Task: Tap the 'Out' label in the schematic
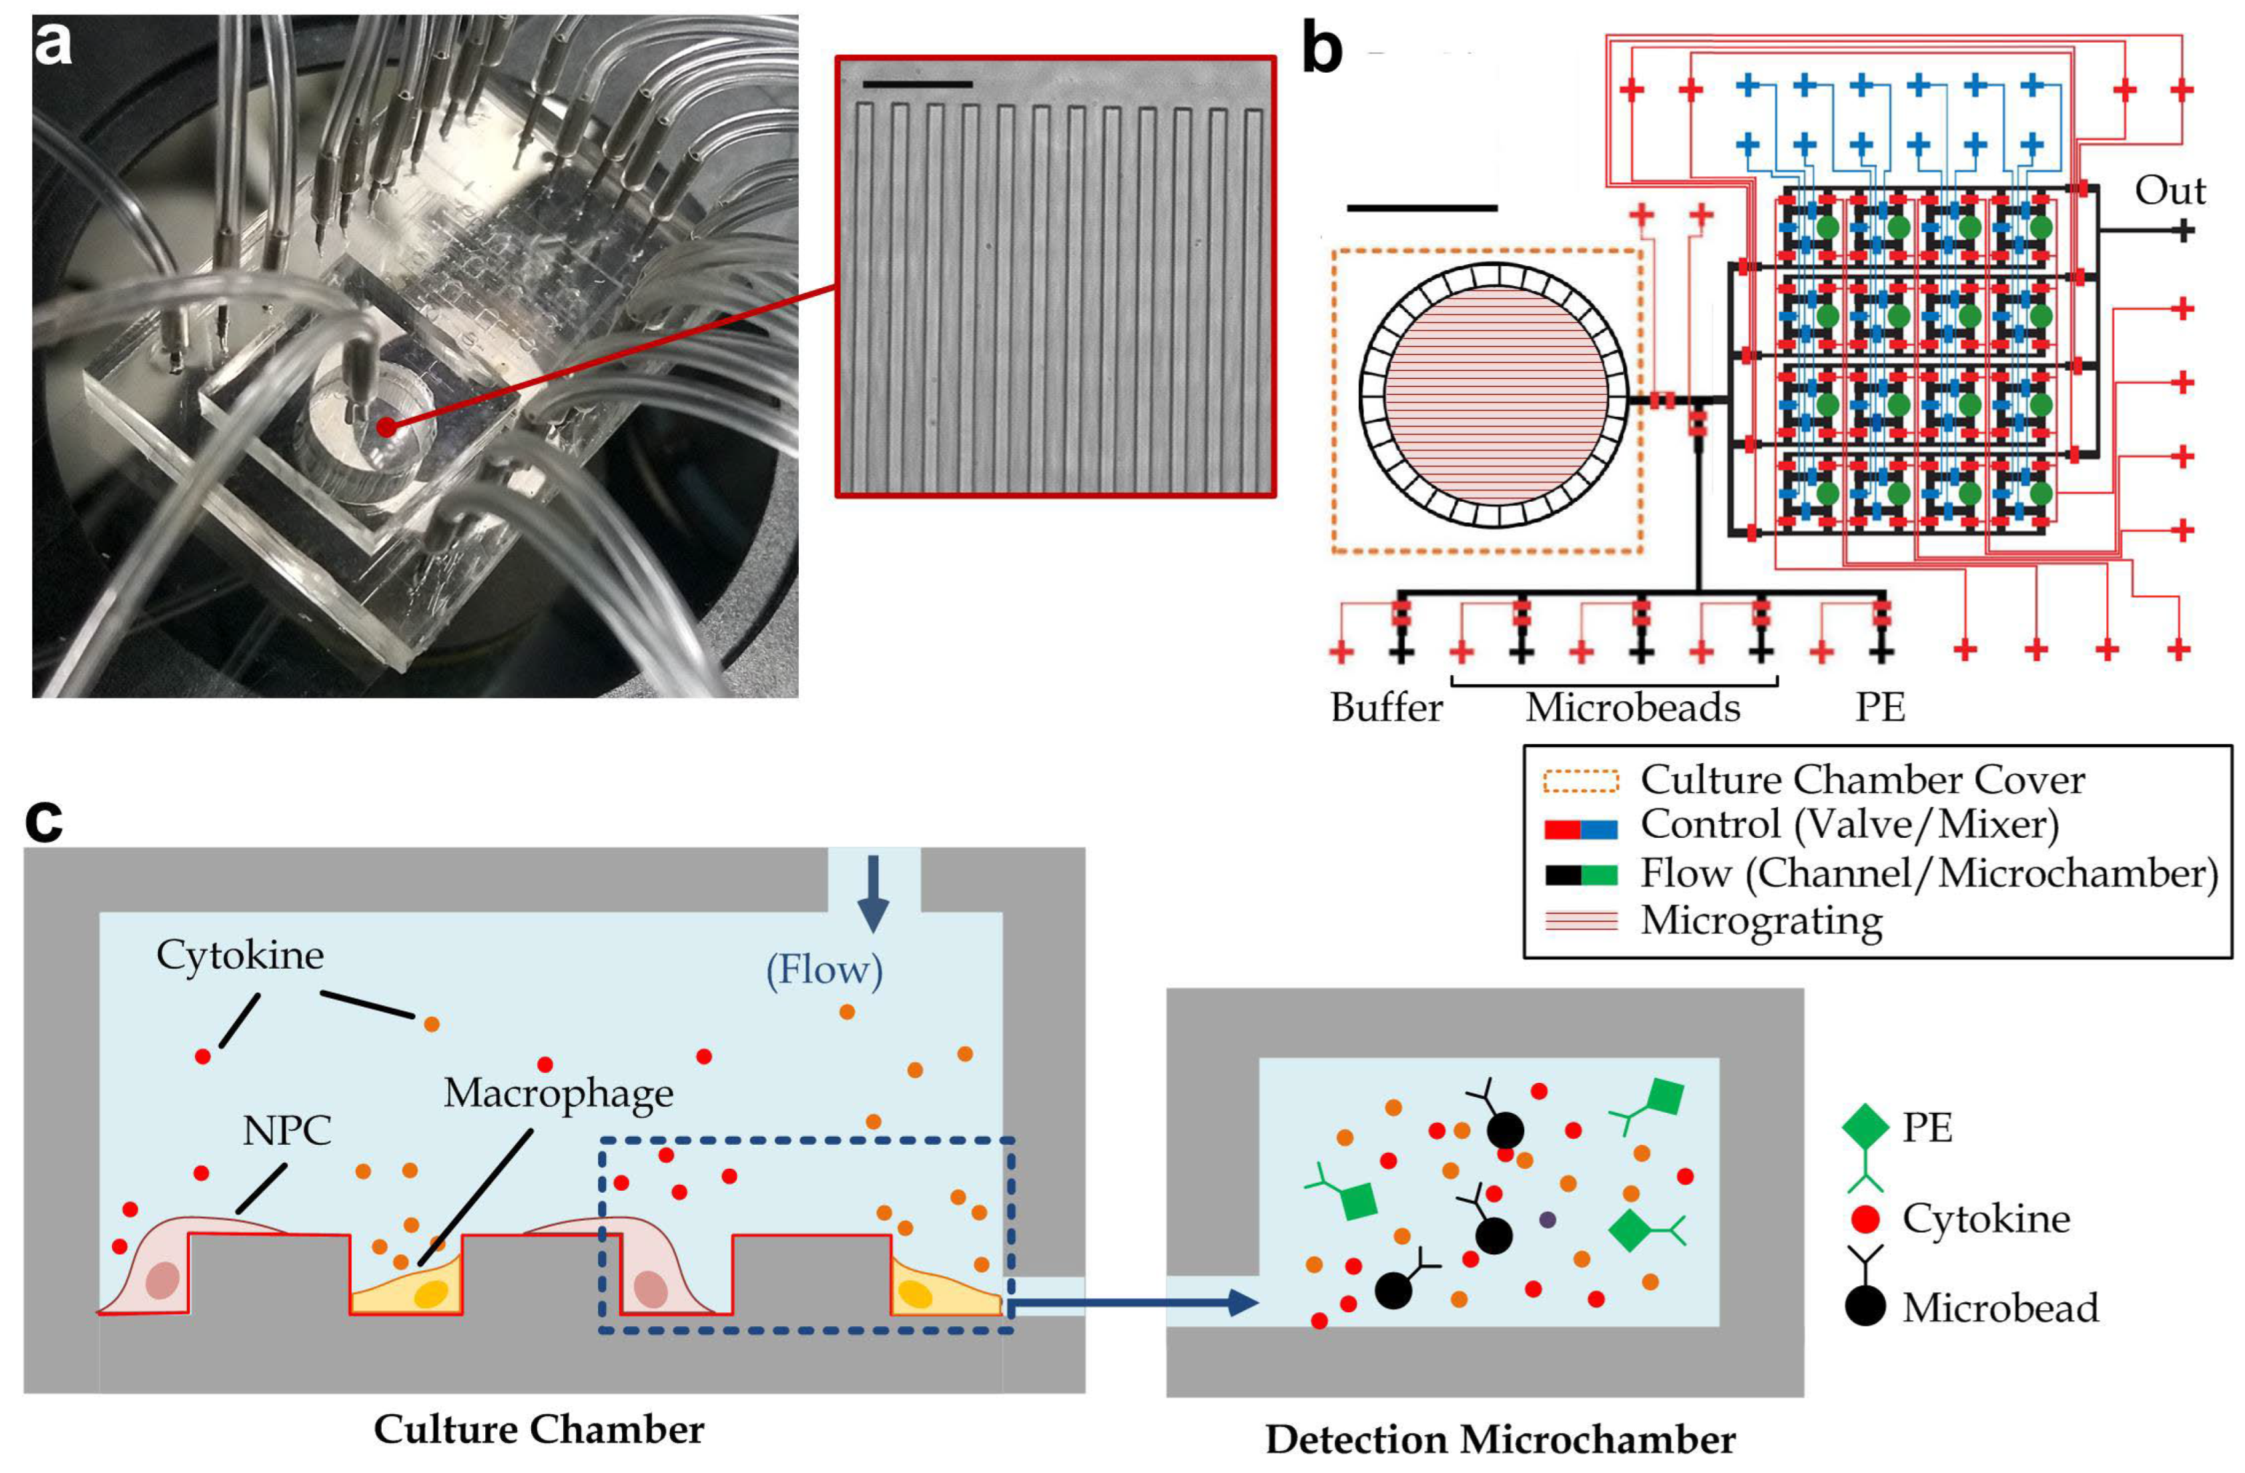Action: tap(2170, 191)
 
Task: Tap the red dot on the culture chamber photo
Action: tap(386, 427)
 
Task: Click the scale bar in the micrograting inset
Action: tap(917, 85)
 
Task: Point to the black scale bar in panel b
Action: tap(1421, 207)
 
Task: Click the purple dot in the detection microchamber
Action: tap(1547, 1219)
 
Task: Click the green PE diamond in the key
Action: tap(1865, 1127)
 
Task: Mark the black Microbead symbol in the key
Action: tap(1865, 1307)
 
